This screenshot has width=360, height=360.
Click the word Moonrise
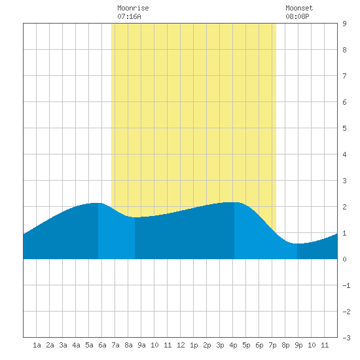133,8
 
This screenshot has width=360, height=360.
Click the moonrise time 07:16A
129,16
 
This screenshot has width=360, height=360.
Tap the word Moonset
299,8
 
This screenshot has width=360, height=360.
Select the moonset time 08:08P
297,16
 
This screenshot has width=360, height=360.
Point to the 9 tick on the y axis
344,24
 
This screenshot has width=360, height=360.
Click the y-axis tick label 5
344,128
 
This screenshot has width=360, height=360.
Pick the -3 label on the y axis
346,338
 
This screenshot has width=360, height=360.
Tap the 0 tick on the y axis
344,259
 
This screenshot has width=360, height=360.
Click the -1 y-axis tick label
346,285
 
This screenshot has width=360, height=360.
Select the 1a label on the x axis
37,345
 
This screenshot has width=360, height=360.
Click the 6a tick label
102,345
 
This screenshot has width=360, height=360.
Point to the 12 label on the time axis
181,345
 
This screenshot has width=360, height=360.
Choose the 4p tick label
233,345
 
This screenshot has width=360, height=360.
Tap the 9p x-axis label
298,345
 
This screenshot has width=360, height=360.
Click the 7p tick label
272,345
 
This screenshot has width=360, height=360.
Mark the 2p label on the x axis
207,345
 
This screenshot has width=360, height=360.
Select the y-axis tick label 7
344,76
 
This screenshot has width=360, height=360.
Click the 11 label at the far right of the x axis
325,345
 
